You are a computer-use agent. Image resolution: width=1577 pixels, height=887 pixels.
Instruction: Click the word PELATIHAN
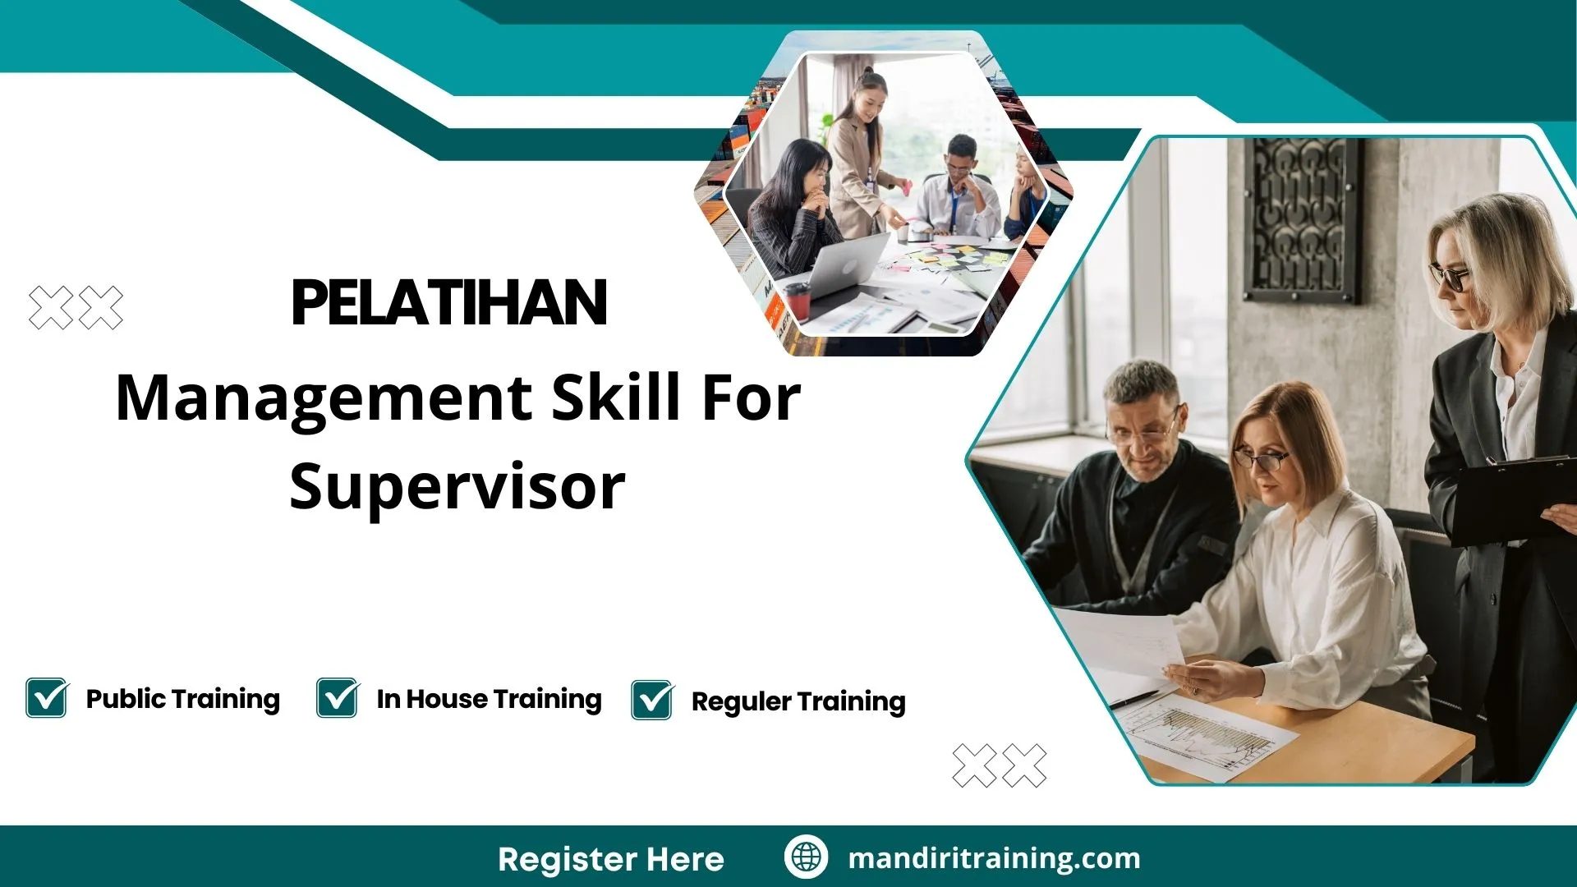click(x=449, y=303)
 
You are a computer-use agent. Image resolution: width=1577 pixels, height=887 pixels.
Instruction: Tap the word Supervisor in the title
click(x=457, y=487)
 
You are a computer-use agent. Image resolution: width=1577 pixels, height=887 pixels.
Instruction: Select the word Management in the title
click(x=324, y=398)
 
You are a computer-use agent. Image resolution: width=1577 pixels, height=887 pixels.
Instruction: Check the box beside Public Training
click(x=46, y=698)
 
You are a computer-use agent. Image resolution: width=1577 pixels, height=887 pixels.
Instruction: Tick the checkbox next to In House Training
click(x=338, y=698)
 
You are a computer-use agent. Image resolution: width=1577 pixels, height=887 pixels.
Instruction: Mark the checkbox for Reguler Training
click(x=652, y=700)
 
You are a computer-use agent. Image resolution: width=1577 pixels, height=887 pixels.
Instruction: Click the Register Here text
click(x=610, y=859)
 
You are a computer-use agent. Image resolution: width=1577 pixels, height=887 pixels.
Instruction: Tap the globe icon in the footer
click(x=806, y=857)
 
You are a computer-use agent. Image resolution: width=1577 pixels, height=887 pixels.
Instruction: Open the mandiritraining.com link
click(x=994, y=858)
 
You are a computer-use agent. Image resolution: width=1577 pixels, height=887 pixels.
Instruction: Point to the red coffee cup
click(x=797, y=300)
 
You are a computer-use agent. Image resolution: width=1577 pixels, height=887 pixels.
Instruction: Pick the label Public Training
click(x=182, y=699)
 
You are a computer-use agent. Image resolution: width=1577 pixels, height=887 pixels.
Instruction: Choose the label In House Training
click(x=489, y=699)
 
